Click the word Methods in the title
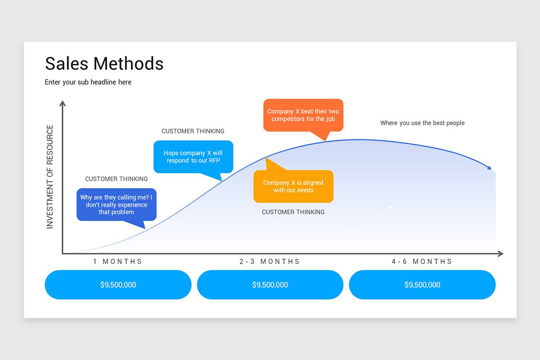click(128, 63)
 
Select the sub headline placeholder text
click(88, 82)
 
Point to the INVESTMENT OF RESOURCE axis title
click(50, 177)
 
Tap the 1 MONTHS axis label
click(117, 261)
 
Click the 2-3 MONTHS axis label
click(270, 261)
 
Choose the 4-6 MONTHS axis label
click(422, 261)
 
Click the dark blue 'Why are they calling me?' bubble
click(117, 205)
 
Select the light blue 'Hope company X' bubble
click(193, 157)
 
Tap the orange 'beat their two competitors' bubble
click(303, 115)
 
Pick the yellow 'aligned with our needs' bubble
click(293, 186)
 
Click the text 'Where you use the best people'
click(422, 123)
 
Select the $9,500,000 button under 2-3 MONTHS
click(270, 285)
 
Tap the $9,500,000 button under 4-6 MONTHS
click(422, 285)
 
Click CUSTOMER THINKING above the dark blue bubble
click(116, 179)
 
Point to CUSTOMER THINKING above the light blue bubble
click(193, 131)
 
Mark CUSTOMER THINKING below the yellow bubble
click(293, 212)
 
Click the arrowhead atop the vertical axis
click(63, 103)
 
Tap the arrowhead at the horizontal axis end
click(500, 254)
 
